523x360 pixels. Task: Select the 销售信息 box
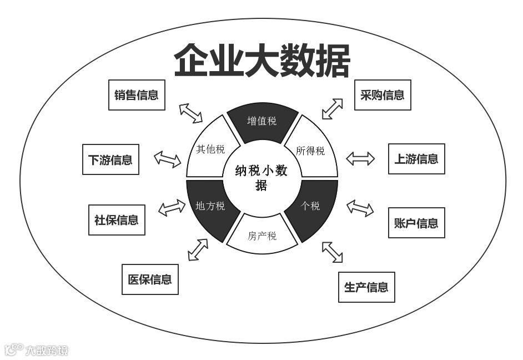(x=137, y=95)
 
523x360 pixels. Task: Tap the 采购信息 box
(x=383, y=95)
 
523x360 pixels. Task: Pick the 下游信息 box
(x=110, y=160)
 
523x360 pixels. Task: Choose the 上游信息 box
(x=416, y=159)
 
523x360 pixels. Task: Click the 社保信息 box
(x=117, y=220)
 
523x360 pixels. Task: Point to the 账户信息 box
(x=416, y=223)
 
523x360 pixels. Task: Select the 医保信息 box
(x=150, y=279)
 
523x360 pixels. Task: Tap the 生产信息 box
(x=366, y=287)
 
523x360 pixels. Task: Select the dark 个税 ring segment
(x=311, y=206)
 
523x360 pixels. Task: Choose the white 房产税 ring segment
(x=262, y=236)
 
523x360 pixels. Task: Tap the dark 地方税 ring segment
(x=210, y=206)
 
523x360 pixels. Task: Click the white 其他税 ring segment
(x=210, y=149)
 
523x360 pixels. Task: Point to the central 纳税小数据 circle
(x=261, y=178)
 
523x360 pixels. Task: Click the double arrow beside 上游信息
(x=361, y=159)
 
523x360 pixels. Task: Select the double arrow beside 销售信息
(x=191, y=113)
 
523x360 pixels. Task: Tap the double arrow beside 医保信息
(x=198, y=249)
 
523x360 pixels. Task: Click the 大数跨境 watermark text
(x=47, y=350)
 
